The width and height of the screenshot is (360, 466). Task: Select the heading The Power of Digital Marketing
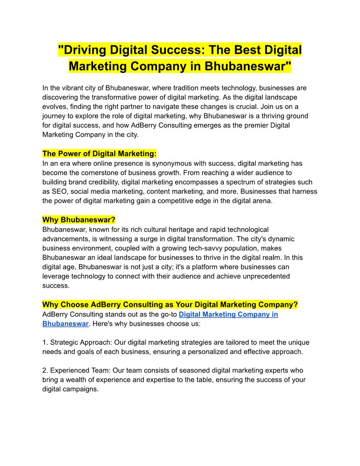click(x=99, y=154)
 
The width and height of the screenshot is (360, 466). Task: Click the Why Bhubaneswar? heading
click(x=79, y=220)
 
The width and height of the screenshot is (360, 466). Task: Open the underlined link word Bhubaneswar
click(x=65, y=323)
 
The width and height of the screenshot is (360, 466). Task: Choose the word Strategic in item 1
click(x=64, y=342)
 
